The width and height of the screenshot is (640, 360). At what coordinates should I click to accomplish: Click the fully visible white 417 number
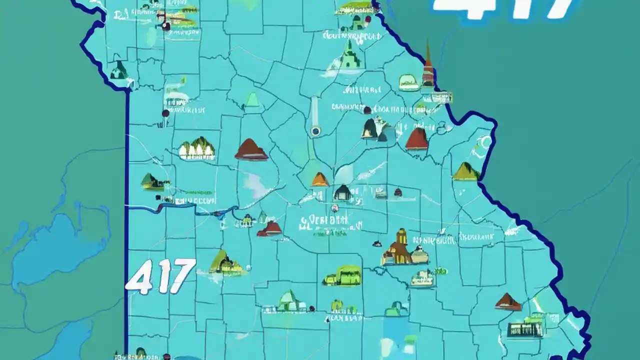click(x=160, y=275)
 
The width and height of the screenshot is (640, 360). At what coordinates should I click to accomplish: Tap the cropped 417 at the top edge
click(x=505, y=9)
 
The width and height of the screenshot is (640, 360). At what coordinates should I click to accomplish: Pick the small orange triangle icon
click(x=320, y=179)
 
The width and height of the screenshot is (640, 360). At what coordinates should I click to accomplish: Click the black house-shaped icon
click(x=342, y=192)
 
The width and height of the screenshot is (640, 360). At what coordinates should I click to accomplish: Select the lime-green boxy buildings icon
click(x=342, y=275)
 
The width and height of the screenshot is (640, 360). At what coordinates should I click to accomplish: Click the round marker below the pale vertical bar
click(x=315, y=131)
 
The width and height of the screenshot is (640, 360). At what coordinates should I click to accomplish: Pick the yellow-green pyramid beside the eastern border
click(x=465, y=171)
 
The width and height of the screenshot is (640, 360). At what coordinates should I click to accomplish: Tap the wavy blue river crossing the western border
click(x=175, y=205)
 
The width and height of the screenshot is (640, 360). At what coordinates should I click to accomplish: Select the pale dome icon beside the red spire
click(x=409, y=82)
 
